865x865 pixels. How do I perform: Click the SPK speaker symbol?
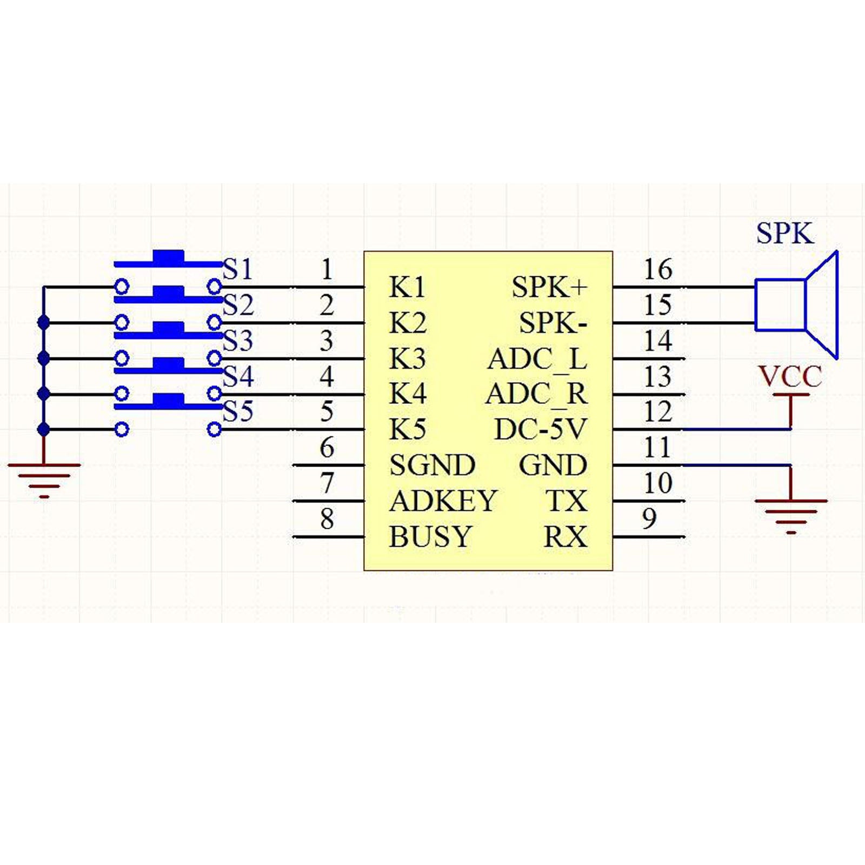coord(796,305)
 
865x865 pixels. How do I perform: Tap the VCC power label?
coord(790,377)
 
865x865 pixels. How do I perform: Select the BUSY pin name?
coord(430,537)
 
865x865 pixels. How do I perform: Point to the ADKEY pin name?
coord(443,501)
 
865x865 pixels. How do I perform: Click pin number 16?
coord(658,269)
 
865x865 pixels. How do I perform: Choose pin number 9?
coord(649,518)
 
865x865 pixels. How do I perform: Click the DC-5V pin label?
coord(540,430)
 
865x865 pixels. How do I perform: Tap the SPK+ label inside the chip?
coord(549,287)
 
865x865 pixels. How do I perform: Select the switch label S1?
coord(238,269)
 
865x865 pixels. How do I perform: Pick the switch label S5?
coord(238,411)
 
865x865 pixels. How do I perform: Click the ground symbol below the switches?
coord(44,479)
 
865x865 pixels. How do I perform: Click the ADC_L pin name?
coord(537,359)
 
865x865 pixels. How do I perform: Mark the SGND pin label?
coord(432,465)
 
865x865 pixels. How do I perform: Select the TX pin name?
coord(566,501)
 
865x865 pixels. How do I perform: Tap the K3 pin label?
coord(408,359)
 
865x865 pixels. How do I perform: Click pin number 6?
coord(327,448)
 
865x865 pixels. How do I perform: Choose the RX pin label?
coord(565,537)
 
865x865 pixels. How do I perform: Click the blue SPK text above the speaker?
coord(784,234)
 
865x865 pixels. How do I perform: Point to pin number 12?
coord(658,412)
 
